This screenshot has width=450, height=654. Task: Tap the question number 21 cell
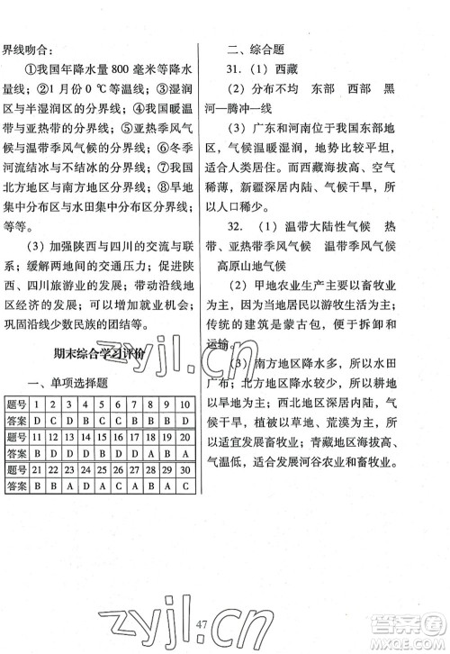[x=37, y=468]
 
